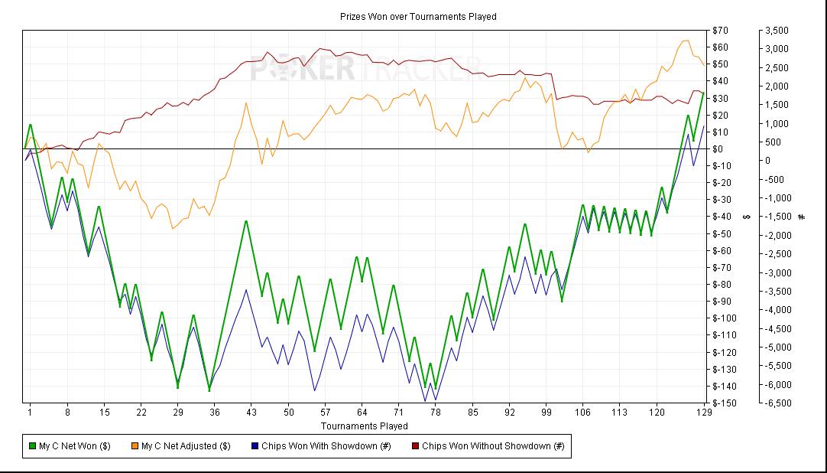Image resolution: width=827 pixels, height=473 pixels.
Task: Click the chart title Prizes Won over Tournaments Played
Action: [x=418, y=16]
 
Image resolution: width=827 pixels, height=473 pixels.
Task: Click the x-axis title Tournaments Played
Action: [x=365, y=426]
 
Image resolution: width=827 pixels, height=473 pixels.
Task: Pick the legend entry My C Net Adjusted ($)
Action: [x=186, y=446]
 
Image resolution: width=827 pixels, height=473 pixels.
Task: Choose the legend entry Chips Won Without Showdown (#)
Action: [x=493, y=446]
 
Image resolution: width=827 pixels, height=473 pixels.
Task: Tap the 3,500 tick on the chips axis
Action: [x=777, y=31]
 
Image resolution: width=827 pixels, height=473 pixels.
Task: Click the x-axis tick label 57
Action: [x=325, y=413]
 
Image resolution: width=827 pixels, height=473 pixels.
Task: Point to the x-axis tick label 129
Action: [x=704, y=413]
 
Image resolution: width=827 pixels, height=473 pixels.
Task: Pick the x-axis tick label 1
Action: [x=31, y=413]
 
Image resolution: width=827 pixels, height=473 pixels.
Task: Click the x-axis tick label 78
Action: [x=436, y=413]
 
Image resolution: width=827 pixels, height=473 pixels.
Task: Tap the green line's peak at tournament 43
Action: [x=246, y=221]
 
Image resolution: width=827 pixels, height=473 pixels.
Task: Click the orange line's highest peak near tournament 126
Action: [x=685, y=41]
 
